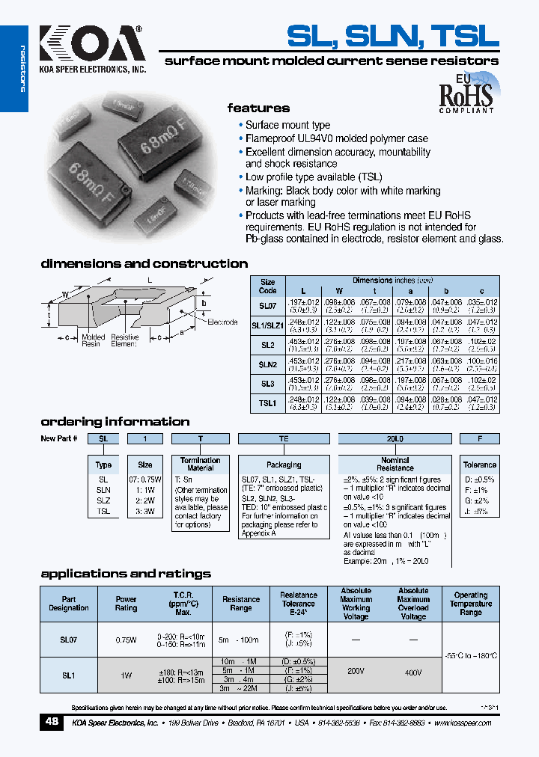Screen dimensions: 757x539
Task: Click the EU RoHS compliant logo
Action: [466, 93]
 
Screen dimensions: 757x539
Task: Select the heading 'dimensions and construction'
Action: [144, 264]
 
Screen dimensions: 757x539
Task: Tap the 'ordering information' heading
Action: [115, 422]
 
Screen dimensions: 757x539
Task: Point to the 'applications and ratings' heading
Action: [126, 574]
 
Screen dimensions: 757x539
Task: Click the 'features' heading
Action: [258, 108]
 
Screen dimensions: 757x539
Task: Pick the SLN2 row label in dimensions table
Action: [268, 365]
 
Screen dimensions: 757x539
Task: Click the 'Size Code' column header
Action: [268, 286]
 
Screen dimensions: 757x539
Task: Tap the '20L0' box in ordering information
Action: [395, 439]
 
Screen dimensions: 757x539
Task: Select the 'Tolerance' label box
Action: [480, 465]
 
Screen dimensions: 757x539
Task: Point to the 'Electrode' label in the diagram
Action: [222, 322]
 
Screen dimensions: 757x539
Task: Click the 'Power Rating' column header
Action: [126, 604]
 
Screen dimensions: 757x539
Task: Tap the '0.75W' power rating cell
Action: [126, 640]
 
